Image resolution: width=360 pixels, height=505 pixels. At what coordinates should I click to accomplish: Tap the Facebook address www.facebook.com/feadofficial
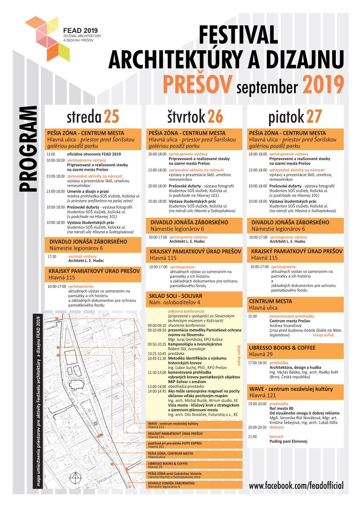pyautogui.click(x=296, y=485)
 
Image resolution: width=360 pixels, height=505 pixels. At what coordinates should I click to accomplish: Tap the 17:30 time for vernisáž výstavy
pyautogui.click(x=52, y=257)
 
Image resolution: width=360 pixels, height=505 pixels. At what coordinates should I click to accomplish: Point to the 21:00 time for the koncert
pyautogui.click(x=253, y=436)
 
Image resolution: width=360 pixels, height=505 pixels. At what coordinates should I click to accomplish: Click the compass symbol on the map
pyautogui.click(x=74, y=478)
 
